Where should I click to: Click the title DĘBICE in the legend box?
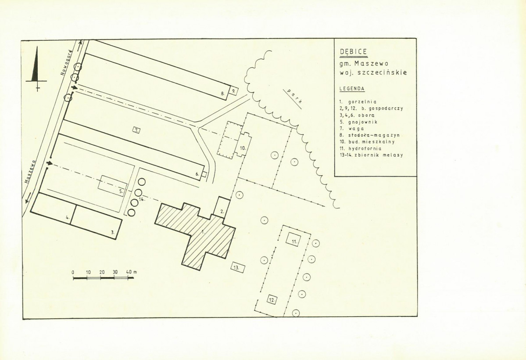coord(353,52)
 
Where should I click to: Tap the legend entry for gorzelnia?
coord(358,102)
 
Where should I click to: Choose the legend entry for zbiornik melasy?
coord(371,155)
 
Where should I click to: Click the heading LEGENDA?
coord(352,89)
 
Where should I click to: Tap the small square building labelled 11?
coord(294,239)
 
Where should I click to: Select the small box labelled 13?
coord(237,267)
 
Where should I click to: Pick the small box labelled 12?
coord(272,300)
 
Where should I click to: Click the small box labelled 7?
coord(136,130)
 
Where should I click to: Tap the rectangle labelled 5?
coord(113,185)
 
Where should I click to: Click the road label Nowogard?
coord(67,63)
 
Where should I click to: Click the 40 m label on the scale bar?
coord(131,272)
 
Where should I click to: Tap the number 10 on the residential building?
coord(243,148)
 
